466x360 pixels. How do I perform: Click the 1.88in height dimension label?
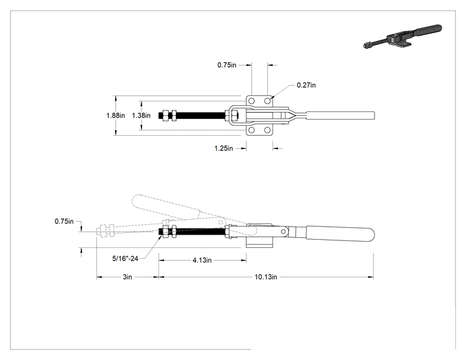pos(116,115)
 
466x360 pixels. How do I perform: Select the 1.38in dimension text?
pos(141,115)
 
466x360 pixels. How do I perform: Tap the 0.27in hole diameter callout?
pos(306,85)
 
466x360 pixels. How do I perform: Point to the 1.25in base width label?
pos(224,148)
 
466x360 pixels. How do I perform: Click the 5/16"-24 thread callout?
pos(125,259)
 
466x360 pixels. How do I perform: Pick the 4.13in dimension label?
pos(202,260)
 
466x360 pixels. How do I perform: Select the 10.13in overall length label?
pos(266,277)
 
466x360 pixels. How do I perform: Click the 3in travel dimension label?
pos(127,277)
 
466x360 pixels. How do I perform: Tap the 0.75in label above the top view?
pos(227,65)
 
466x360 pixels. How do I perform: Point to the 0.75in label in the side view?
pos(64,221)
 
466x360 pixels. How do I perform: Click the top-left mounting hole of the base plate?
pos(251,101)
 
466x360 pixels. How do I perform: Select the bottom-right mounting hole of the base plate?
pos(267,130)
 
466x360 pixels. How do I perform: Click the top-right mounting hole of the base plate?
pos(267,101)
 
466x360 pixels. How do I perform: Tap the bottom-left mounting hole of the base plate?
pos(251,130)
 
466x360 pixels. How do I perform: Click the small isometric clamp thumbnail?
pos(402,37)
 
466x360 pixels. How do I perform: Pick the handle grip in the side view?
pos(340,234)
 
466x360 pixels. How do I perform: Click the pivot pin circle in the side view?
pos(284,232)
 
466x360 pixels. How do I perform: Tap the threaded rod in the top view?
pos(201,115)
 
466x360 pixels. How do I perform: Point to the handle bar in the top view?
pos(340,115)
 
